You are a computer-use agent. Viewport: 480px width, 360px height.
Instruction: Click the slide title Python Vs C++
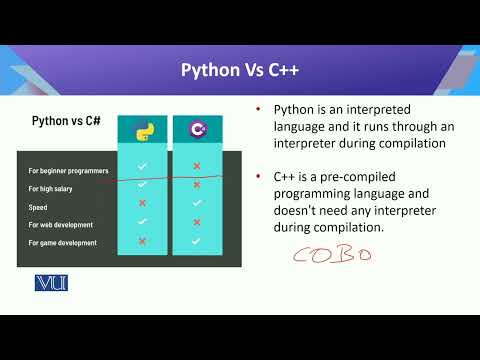[239, 70]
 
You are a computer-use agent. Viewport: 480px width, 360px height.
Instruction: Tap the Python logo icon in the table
[142, 129]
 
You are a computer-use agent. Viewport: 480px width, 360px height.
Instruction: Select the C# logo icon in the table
[197, 129]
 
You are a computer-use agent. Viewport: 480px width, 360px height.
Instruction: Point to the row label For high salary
[51, 189]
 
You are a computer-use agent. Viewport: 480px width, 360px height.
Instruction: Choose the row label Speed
[39, 207]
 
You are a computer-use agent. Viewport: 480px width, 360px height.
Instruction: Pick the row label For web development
[61, 225]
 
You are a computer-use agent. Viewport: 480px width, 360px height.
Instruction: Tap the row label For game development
[63, 243]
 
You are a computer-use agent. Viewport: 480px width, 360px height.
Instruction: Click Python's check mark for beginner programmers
[142, 166]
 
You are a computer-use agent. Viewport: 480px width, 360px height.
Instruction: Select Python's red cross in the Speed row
[142, 203]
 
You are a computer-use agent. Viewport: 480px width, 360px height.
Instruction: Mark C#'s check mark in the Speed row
[197, 203]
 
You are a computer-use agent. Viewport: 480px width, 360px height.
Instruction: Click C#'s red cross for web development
[197, 222]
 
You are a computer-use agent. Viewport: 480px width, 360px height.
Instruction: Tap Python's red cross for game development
[142, 241]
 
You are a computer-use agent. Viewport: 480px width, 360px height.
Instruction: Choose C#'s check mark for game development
[197, 241]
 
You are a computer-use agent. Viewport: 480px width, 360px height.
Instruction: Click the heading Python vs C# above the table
[67, 121]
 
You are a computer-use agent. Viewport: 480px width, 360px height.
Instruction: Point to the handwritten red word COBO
[331, 255]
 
